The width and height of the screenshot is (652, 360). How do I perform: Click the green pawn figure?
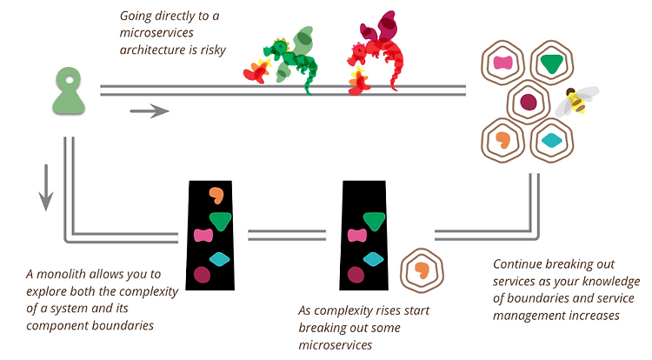pyautogui.click(x=69, y=91)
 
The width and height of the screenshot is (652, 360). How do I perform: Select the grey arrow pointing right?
pyautogui.click(x=150, y=111)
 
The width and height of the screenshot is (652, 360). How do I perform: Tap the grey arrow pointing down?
pyautogui.click(x=46, y=188)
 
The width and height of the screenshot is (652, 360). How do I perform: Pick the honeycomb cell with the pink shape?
pyautogui.click(x=502, y=63)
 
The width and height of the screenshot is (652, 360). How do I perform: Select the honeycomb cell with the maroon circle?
pyautogui.click(x=528, y=102)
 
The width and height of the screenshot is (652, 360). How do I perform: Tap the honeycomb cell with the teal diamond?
pyautogui.click(x=552, y=141)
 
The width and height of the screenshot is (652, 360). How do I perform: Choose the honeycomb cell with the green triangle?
pyautogui.click(x=552, y=63)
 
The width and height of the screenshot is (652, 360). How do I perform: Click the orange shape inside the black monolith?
pyautogui.click(x=216, y=195)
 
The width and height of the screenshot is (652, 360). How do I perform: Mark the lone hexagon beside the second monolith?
pyautogui.click(x=422, y=270)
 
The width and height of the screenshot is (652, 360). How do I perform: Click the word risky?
pyautogui.click(x=213, y=50)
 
